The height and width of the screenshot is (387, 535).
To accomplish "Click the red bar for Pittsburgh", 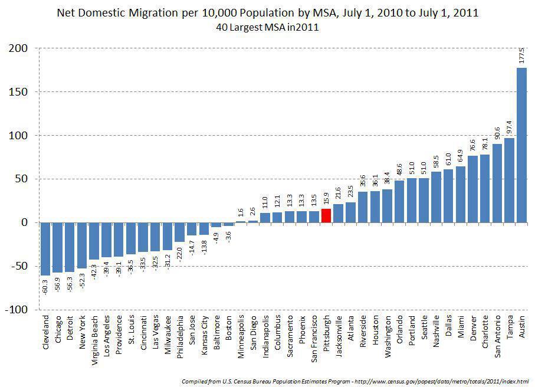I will pyautogui.click(x=326, y=215).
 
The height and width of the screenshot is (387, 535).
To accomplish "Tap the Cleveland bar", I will pyautogui.click(x=45, y=248).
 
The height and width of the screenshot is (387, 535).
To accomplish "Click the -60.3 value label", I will pyautogui.click(x=45, y=286).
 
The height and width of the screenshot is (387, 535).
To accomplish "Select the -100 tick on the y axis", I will pyautogui.click(x=17, y=310).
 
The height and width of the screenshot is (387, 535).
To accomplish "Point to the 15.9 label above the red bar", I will pyautogui.click(x=326, y=199).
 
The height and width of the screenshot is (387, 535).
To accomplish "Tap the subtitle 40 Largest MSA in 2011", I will pyautogui.click(x=267, y=27).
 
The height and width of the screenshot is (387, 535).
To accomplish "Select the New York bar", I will pyautogui.click(x=82, y=245).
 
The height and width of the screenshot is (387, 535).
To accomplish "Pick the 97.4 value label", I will pyautogui.click(x=509, y=127).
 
